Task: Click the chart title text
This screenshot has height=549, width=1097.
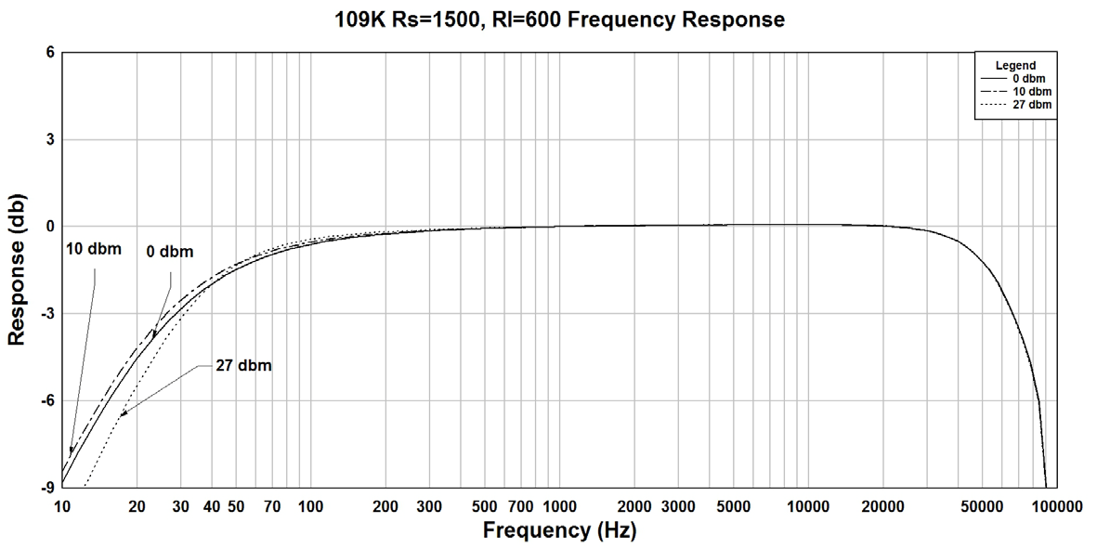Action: point(559,19)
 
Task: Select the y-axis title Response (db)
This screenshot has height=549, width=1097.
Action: point(17,270)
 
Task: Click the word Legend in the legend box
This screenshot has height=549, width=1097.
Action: point(1015,66)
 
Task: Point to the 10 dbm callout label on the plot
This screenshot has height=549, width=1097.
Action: point(94,249)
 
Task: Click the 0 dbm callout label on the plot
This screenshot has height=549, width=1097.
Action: point(169,253)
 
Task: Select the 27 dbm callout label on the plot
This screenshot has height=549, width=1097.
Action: point(242,365)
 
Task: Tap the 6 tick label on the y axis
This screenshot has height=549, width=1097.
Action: point(50,52)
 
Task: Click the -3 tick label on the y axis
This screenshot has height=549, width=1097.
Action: point(46,313)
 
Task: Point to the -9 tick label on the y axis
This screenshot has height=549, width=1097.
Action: point(46,488)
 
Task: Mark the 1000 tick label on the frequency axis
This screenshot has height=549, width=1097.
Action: point(559,506)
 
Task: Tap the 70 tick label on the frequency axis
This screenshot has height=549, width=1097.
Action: point(272,506)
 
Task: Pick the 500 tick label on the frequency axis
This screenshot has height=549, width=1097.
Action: point(484,506)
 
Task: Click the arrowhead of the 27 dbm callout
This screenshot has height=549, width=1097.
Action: point(121,414)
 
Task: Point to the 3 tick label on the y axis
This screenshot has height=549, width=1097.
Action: point(50,139)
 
